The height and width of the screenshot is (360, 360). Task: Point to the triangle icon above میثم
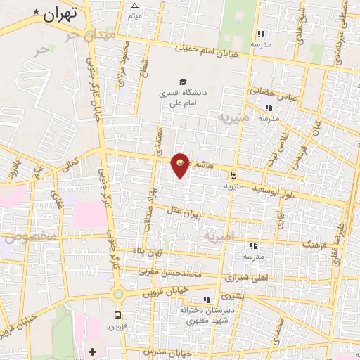[x=135, y=6]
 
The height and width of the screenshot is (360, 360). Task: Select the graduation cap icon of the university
[x=182, y=82]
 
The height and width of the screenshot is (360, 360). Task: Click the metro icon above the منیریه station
[x=233, y=175]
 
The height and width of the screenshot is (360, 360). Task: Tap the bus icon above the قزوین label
[x=117, y=314]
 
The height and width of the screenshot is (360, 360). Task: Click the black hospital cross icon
[x=92, y=350]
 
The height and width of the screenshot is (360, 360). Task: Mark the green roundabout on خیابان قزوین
[x=117, y=293]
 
